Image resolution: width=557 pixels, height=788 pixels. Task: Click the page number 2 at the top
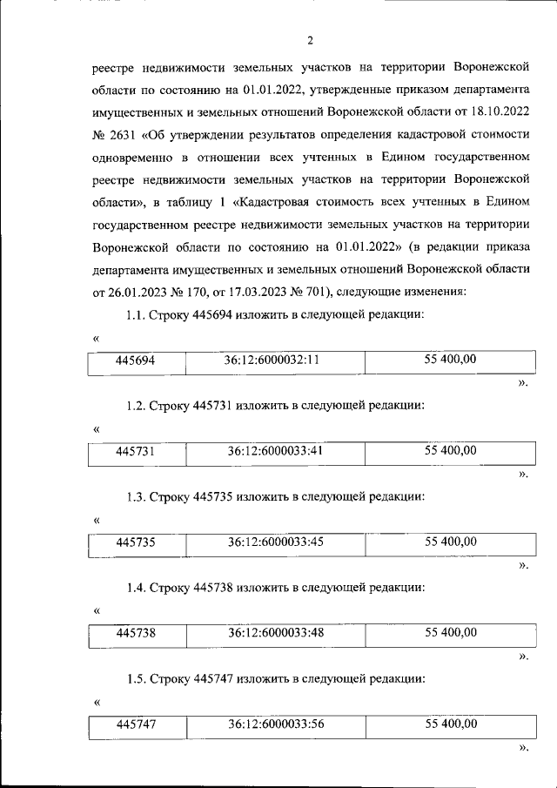(310, 38)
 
